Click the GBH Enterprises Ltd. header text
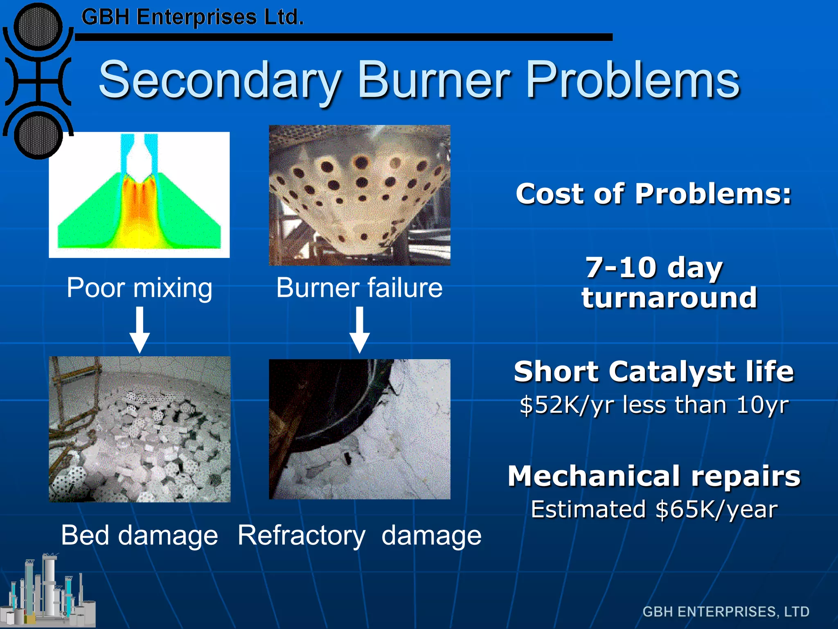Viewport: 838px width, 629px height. [192, 17]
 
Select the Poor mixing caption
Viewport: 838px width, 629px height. [140, 287]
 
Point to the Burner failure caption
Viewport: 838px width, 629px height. [359, 287]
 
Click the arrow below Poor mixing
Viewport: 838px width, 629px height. [140, 330]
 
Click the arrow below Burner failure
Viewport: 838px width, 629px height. [359, 330]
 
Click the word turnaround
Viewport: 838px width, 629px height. [669, 298]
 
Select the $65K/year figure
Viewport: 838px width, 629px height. [716, 509]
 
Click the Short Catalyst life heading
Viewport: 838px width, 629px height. [653, 371]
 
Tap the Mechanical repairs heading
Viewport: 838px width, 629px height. [653, 476]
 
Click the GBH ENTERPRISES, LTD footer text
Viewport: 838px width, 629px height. [725, 611]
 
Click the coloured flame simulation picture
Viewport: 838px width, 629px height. [139, 195]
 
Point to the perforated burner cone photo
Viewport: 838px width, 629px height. [359, 195]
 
